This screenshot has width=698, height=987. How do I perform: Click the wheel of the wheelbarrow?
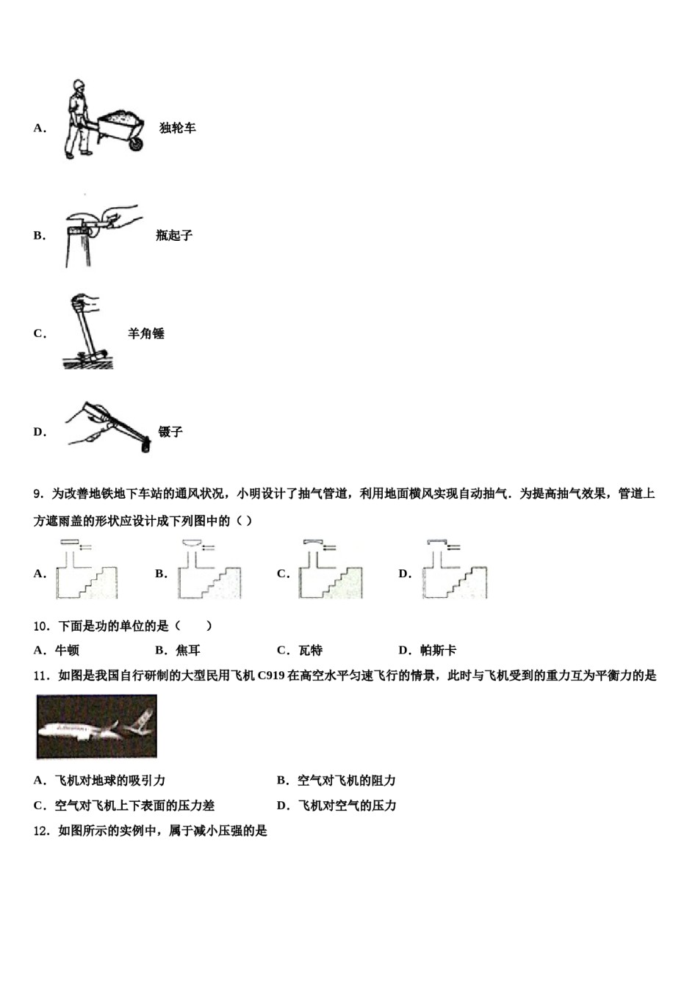135,144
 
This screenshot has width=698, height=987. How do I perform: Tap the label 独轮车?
178,128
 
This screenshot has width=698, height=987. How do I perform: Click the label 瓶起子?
174,236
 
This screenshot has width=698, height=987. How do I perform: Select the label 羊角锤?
146,333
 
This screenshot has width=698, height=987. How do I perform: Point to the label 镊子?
170,432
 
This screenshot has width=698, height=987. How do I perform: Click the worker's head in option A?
78,87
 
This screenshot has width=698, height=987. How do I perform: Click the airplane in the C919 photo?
96,727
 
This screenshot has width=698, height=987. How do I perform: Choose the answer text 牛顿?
67,650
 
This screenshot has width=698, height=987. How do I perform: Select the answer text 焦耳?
188,650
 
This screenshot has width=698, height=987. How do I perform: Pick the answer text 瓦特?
310,650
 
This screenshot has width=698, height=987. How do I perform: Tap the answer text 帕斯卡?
438,650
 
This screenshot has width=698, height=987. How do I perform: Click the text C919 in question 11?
271,676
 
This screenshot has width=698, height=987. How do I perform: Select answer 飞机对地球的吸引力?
110,781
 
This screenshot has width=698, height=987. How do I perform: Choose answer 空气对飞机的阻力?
347,781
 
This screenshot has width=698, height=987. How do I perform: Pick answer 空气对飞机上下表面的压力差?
134,806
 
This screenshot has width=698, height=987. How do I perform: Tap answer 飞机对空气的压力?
347,806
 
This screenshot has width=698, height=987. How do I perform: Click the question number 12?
41,831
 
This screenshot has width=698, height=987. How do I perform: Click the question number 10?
41,626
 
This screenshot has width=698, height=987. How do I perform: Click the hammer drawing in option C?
85,330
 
